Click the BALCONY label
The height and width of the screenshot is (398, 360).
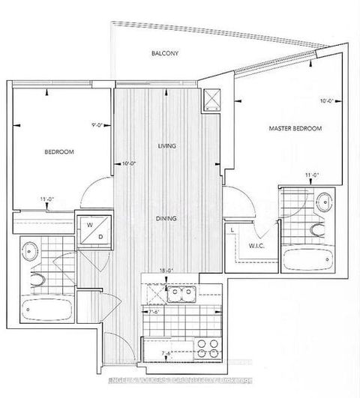(164, 54)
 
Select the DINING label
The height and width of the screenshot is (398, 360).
(166, 220)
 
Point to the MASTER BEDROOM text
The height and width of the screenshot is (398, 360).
(295, 129)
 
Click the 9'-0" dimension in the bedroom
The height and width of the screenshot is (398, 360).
(94, 127)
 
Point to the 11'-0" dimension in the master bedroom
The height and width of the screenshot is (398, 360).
(312, 175)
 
